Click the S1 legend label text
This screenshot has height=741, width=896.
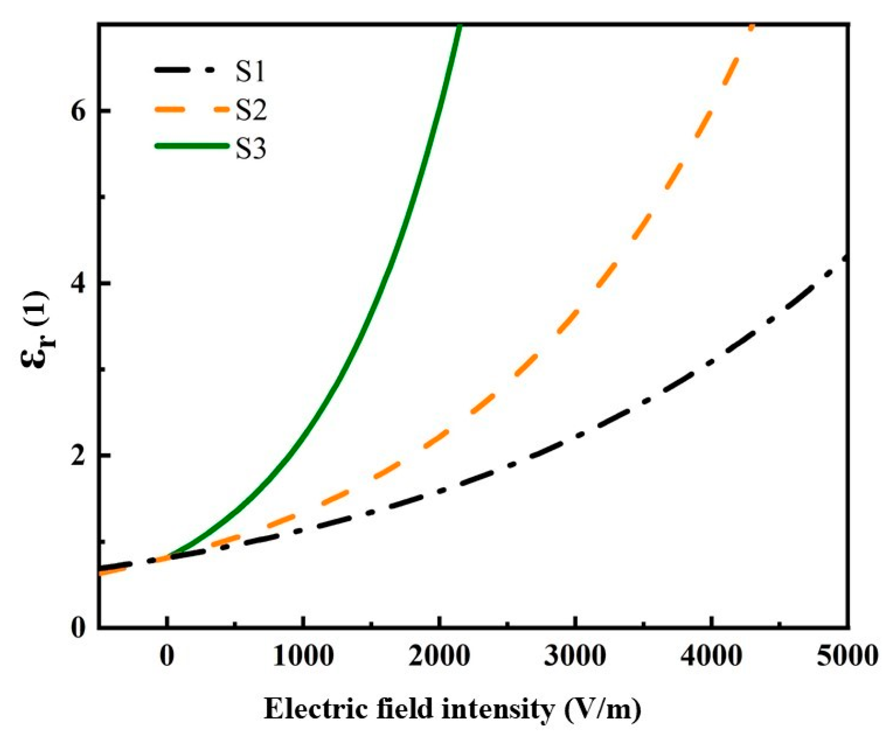[x=250, y=71]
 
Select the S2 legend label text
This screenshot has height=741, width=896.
[x=251, y=110]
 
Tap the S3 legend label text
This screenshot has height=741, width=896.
[x=251, y=149]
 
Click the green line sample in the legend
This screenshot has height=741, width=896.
[x=191, y=146]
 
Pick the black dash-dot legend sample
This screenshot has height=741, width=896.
[x=191, y=70]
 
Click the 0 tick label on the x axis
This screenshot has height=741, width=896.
[x=167, y=656]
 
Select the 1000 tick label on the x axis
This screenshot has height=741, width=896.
[x=303, y=656]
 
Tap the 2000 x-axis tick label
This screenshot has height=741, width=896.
[x=439, y=656]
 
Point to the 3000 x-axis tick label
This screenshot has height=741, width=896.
[x=575, y=656]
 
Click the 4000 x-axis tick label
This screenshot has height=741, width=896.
[x=711, y=656]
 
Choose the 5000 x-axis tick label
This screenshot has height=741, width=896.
[x=847, y=656]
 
